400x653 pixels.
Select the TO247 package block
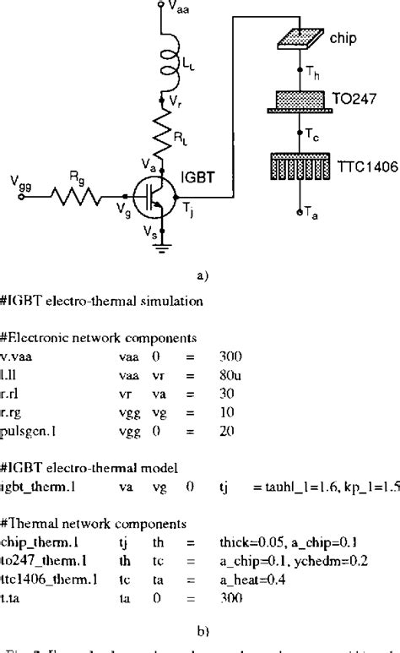[x=300, y=99]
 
